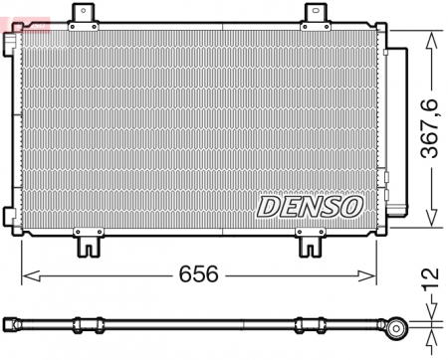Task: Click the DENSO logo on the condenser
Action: pyautogui.click(x=311, y=205)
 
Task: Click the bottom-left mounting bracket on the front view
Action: pyautogui.click(x=91, y=241)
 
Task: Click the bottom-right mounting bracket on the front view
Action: pyautogui.click(x=312, y=241)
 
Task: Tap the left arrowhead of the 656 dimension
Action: pyautogui.click(x=27, y=274)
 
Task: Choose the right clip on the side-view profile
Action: pyautogui.click(x=305, y=323)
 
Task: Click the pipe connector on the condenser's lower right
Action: pyautogui.click(x=396, y=211)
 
